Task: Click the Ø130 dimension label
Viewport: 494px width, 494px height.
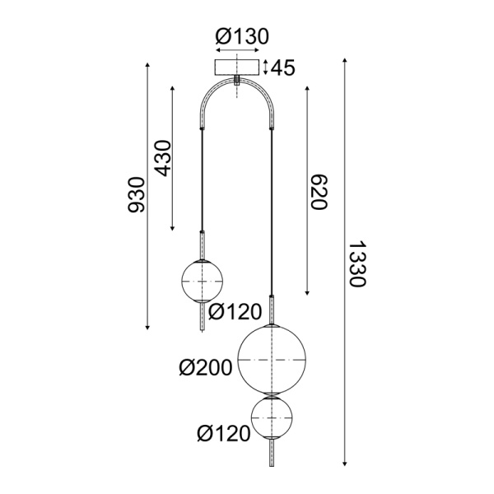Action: pyautogui.click(x=242, y=37)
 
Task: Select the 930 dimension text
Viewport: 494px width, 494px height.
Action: pyautogui.click(x=137, y=194)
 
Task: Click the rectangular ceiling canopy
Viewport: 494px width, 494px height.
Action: pyautogui.click(x=237, y=67)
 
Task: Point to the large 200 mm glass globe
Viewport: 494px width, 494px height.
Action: pyautogui.click(x=271, y=360)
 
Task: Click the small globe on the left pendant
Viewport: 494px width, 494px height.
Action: pyautogui.click(x=202, y=281)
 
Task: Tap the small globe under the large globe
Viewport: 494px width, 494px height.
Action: pyautogui.click(x=271, y=419)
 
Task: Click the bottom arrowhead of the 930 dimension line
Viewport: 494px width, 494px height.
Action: pyautogui.click(x=147, y=327)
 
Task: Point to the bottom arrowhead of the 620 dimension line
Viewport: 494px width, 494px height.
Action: pyautogui.click(x=307, y=293)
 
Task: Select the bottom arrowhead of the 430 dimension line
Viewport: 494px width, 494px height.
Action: pyautogui.click(x=173, y=227)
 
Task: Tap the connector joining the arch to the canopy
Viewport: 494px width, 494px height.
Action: pyautogui.click(x=237, y=81)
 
